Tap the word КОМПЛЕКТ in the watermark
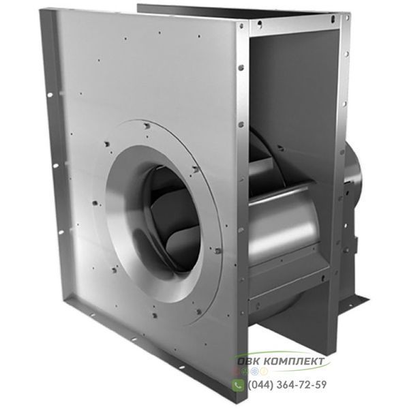[x=294, y=361]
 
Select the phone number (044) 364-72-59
[x=287, y=384]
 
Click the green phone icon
[x=238, y=385]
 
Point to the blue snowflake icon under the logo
[x=256, y=372]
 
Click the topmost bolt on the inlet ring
[x=147, y=126]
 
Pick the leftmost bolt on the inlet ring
[x=95, y=202]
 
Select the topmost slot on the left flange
[x=50, y=95]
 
